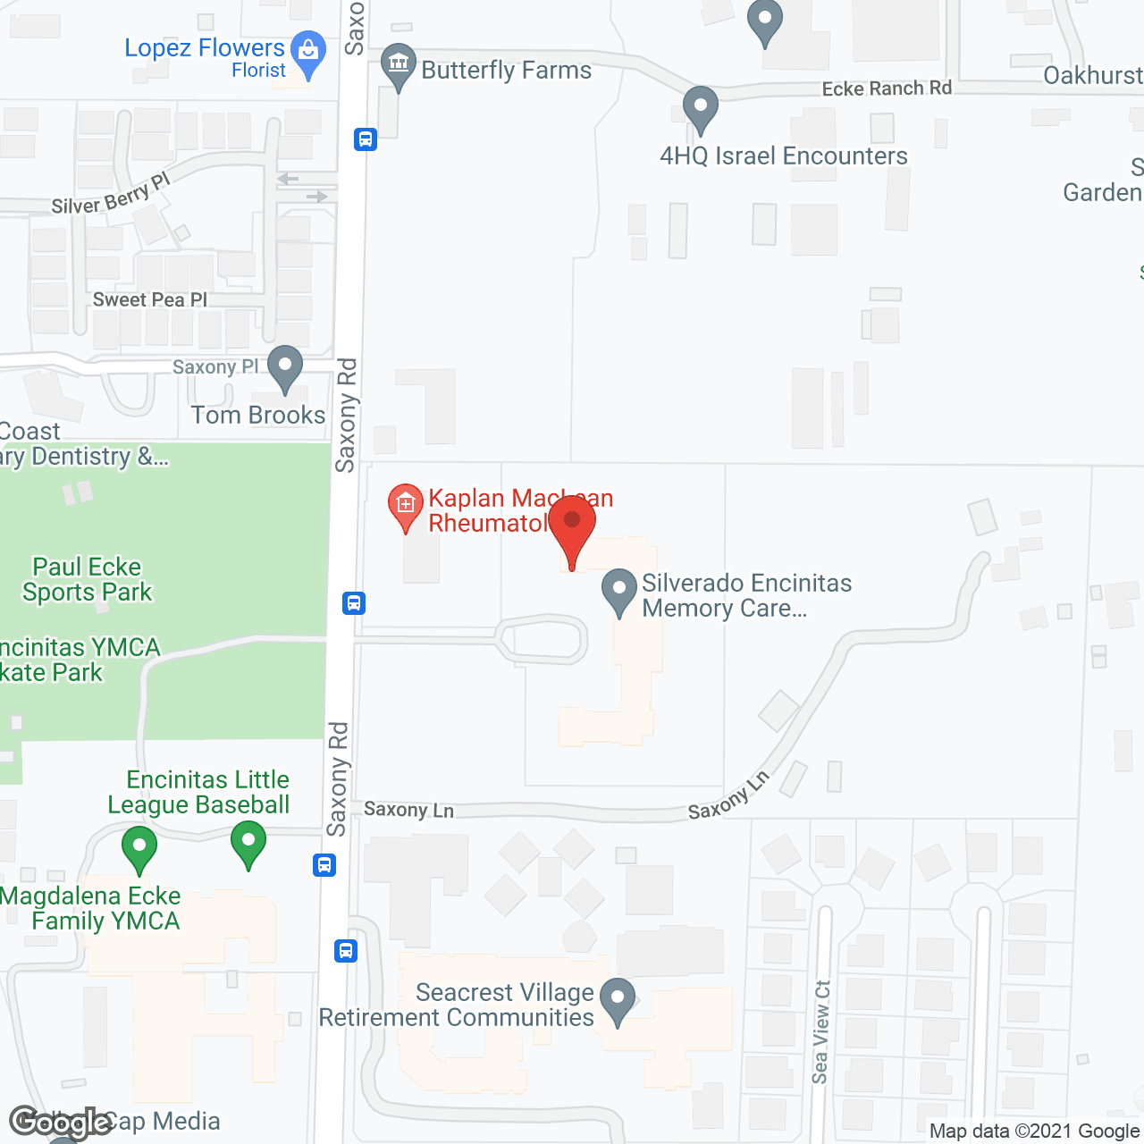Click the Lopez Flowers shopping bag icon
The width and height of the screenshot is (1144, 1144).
[308, 51]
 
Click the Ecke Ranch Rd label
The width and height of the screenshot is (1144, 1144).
[887, 88]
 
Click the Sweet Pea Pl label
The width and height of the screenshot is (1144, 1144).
[149, 299]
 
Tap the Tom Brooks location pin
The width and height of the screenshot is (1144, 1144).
[285, 368]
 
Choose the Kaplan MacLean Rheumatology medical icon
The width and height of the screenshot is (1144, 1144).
[405, 506]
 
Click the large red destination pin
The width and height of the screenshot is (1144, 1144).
[572, 527]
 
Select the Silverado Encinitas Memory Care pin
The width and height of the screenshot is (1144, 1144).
[618, 592]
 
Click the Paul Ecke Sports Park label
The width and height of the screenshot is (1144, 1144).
[88, 579]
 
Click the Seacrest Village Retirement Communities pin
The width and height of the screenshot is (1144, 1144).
[617, 1000]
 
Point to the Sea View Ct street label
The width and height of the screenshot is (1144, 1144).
[820, 1032]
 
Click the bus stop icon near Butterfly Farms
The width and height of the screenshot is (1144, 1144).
[366, 139]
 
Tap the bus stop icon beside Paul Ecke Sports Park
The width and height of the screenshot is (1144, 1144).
[354, 603]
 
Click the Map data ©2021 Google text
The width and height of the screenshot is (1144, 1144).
[1034, 1131]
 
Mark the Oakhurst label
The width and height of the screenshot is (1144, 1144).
[1093, 75]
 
